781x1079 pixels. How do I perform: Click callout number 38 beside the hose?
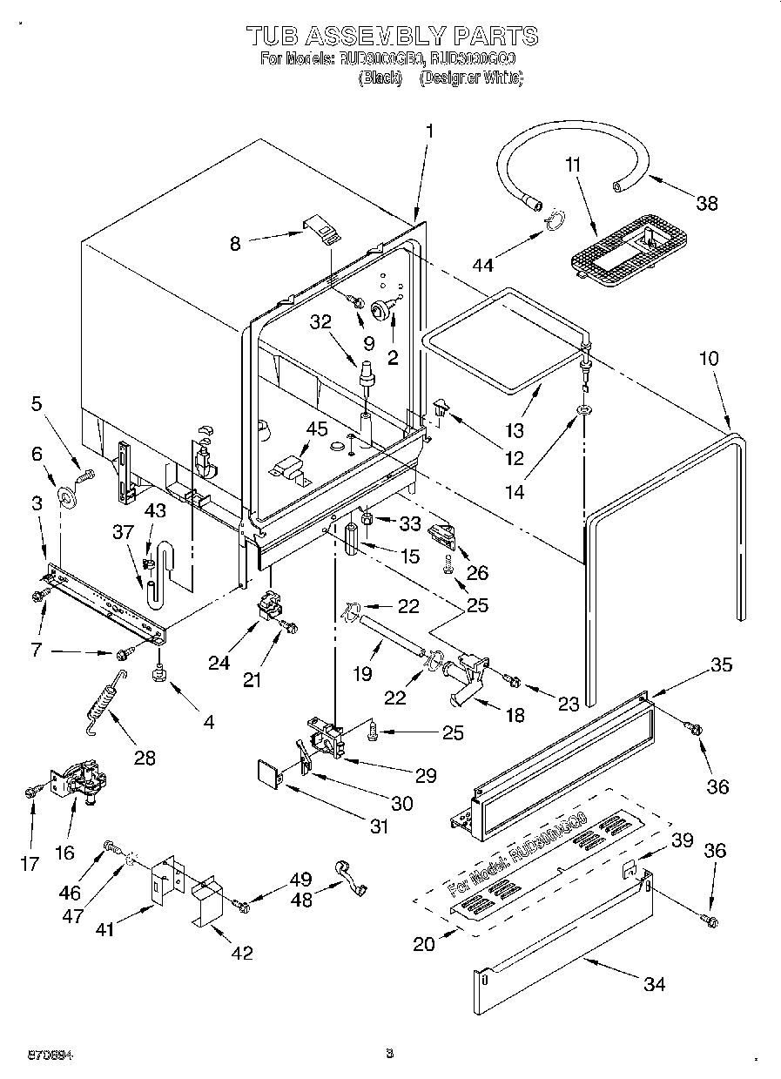(707, 203)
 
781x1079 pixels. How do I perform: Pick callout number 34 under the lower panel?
(654, 984)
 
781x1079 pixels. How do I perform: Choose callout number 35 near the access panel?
(721, 665)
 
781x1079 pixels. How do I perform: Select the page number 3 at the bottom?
(390, 1054)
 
